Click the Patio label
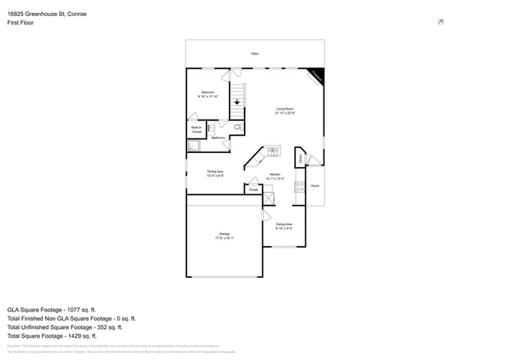(x=255, y=53)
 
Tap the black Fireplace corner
(x=318, y=74)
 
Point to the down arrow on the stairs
(x=237, y=102)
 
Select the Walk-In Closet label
(x=196, y=129)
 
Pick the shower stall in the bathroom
(x=194, y=145)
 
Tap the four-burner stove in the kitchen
(x=300, y=187)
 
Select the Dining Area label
(x=215, y=173)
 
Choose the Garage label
(x=225, y=235)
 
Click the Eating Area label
(x=284, y=226)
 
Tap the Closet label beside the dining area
(x=253, y=190)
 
